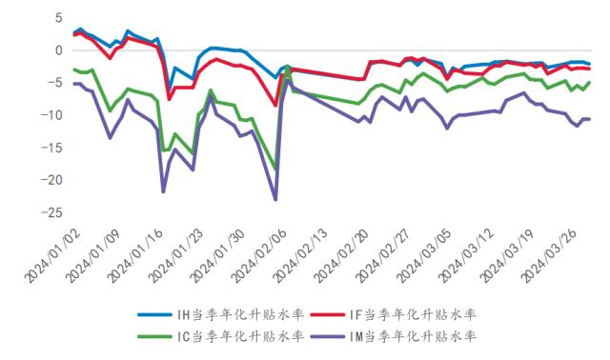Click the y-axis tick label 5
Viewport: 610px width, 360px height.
[x=58, y=17]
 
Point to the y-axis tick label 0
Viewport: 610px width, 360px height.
[x=58, y=50]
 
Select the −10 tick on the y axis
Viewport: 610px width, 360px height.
[x=51, y=115]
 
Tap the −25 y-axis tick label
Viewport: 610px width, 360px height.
[x=51, y=212]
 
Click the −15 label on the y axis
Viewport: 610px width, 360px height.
[x=51, y=148]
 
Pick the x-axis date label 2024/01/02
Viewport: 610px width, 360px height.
[x=52, y=255]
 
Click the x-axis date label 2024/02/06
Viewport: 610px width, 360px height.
[x=259, y=255]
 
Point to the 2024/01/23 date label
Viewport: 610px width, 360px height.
[x=176, y=255]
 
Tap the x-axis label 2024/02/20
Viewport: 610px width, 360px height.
[x=342, y=255]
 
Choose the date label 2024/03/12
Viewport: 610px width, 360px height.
[x=466, y=255]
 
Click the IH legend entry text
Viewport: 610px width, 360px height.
[x=240, y=314]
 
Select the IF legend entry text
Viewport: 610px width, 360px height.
[x=413, y=314]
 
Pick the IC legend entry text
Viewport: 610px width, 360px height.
[x=240, y=336]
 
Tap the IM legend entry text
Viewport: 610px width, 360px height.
[x=413, y=336]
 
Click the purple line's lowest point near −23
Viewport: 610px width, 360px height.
[x=275, y=199]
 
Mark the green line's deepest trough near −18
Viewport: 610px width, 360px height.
[x=275, y=170]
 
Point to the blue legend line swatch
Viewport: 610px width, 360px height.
[x=154, y=314]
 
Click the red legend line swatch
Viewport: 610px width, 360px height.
[x=328, y=314]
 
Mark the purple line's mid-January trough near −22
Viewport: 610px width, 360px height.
[x=163, y=192]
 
